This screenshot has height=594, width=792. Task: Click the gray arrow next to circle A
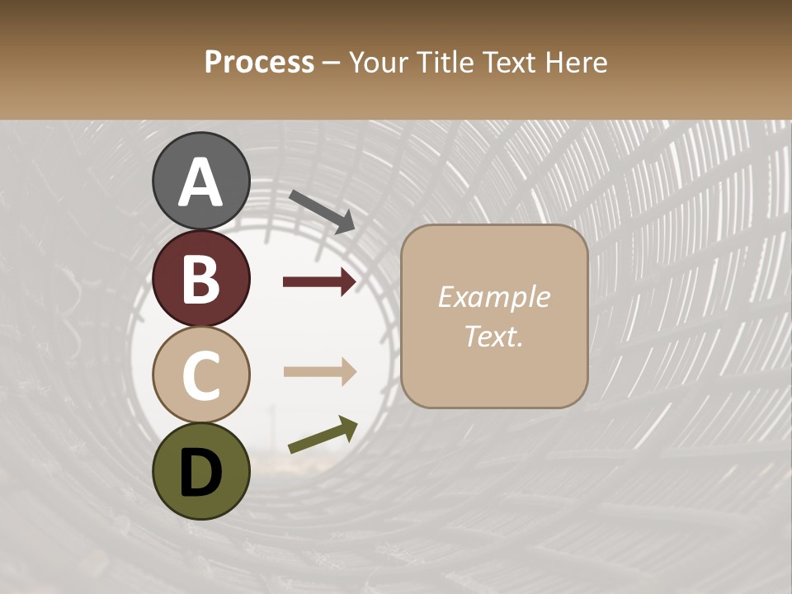click(322, 211)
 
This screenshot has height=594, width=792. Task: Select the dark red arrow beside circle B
click(319, 282)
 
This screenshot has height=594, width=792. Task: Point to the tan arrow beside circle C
click(319, 372)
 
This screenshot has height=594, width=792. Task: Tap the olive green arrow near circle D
click(323, 435)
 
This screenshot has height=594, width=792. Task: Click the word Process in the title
click(259, 62)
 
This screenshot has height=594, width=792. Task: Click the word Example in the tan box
click(493, 297)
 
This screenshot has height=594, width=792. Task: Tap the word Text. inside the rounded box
click(493, 336)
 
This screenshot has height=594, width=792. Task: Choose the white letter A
click(200, 181)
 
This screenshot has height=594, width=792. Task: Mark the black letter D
click(200, 473)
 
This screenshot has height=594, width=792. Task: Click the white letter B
click(200, 279)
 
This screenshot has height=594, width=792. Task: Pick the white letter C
click(200, 375)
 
